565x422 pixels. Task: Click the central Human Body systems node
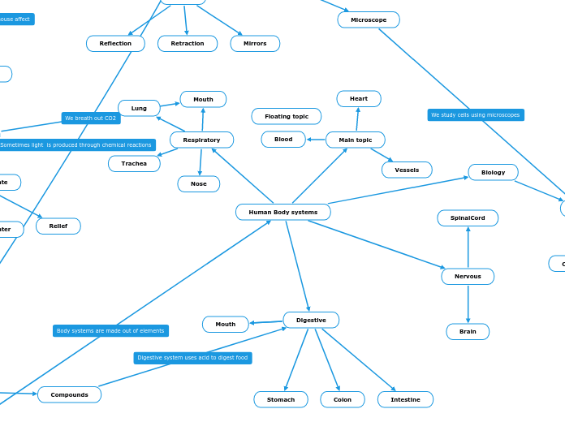pyautogui.click(x=282, y=212)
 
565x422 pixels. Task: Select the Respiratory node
pyautogui.click(x=201, y=140)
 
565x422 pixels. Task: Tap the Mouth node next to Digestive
pyautogui.click(x=225, y=325)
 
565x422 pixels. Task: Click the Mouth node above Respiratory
pyautogui.click(x=203, y=99)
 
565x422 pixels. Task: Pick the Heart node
pyautogui.click(x=358, y=99)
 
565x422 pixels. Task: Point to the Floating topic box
pyautogui.click(x=286, y=116)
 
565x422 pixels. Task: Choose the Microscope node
pyautogui.click(x=368, y=19)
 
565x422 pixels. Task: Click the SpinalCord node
pyautogui.click(x=468, y=217)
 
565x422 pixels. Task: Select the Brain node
pyautogui.click(x=468, y=331)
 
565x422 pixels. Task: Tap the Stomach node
pyautogui.click(x=281, y=399)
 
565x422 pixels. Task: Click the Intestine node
pyautogui.click(x=405, y=399)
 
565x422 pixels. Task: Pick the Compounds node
pyautogui.click(x=69, y=394)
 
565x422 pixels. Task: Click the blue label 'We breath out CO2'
pyautogui.click(x=91, y=118)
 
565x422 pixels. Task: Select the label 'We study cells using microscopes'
pyautogui.click(x=476, y=115)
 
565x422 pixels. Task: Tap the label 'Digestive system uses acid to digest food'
pyautogui.click(x=192, y=357)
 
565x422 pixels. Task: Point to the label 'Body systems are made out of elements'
pyautogui.click(x=110, y=330)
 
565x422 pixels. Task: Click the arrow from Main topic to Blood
pyautogui.click(x=316, y=140)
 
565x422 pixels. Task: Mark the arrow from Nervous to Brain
pyautogui.click(x=468, y=304)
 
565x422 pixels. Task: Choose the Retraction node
pyautogui.click(x=188, y=44)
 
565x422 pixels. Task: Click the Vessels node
pyautogui.click(x=407, y=170)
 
